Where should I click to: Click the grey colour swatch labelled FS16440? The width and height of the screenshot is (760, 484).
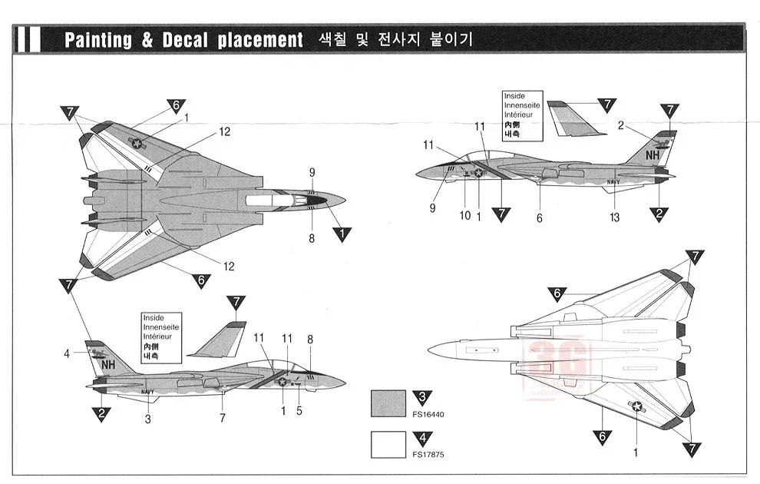pos(388,403)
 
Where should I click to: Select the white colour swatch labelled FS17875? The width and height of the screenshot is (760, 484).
pos(388,444)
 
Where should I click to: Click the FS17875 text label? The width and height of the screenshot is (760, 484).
pos(428,455)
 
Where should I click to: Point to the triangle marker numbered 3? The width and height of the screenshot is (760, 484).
pos(421,396)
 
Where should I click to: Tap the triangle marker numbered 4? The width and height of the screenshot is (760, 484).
pos(421,438)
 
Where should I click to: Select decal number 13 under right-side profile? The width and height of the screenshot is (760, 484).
pos(614,217)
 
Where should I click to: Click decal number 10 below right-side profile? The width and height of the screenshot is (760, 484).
pos(464,216)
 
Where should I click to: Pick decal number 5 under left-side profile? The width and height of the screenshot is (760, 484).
pos(299,411)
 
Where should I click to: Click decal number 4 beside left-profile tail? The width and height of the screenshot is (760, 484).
pos(68,353)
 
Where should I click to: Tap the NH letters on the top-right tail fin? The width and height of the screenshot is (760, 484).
pos(653,154)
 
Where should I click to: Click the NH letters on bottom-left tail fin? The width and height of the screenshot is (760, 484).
pos(106,366)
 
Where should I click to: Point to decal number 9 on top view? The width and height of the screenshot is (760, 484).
pos(312,172)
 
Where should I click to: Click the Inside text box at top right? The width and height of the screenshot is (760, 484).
pos(522,115)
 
